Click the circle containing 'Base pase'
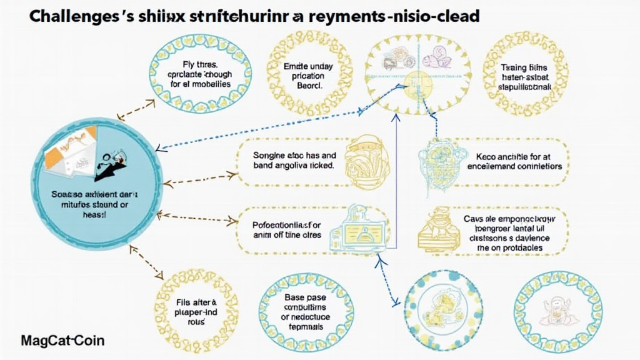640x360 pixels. coord(306,308)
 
